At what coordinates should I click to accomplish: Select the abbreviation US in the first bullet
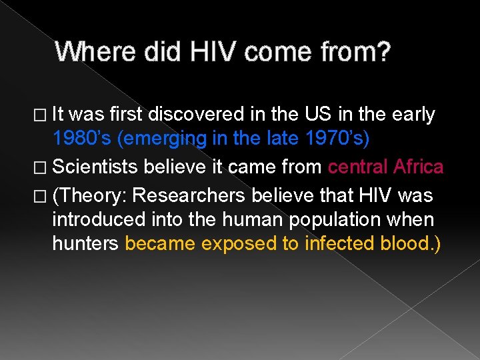[315, 115]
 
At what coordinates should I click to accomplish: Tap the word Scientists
[99, 167]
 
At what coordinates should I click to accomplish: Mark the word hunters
[85, 243]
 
